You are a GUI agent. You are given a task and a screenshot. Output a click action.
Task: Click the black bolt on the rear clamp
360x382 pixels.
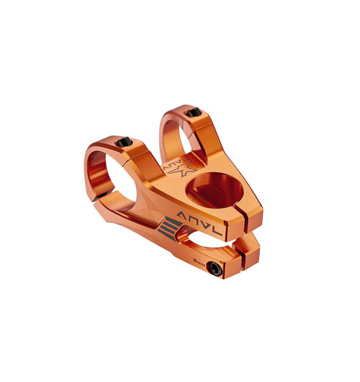coord(192,112)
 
